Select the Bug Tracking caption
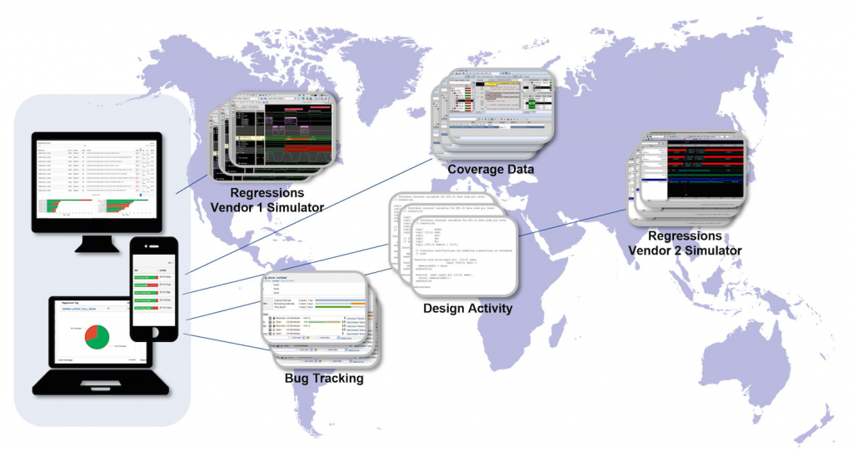(323, 379)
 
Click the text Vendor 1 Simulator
(262, 206)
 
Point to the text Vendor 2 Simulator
(683, 249)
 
